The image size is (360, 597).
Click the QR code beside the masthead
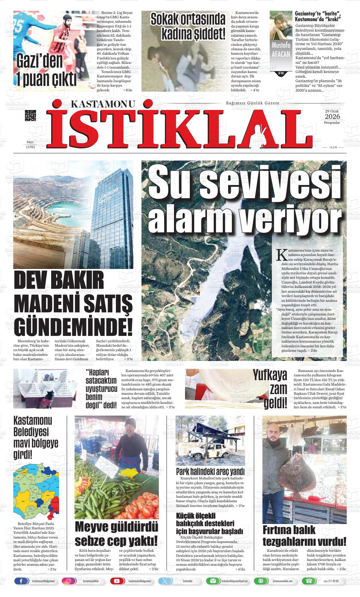point(30,115)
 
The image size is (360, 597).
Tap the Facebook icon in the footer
point(21,581)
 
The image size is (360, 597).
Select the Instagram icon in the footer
point(68,581)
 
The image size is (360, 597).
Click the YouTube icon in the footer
point(117,581)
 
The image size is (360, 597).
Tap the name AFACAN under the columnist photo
point(281,54)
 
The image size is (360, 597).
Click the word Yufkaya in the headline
point(270,375)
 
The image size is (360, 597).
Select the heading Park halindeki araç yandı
point(210,472)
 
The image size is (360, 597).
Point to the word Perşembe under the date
point(332,123)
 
